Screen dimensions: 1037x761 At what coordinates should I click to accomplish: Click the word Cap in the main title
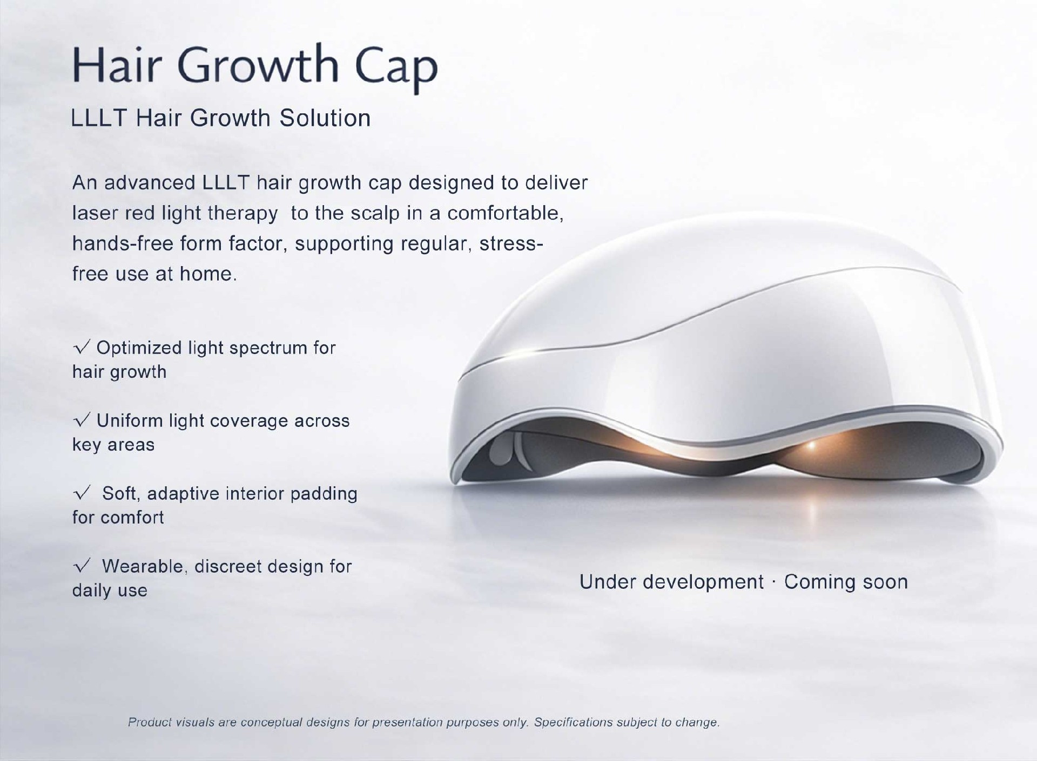coord(396,68)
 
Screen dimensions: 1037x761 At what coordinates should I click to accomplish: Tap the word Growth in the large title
coord(258,65)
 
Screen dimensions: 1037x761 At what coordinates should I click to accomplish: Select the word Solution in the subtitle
coord(325,118)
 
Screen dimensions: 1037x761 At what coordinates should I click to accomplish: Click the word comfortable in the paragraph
coord(505,214)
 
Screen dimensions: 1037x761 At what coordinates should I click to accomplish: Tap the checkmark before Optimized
coord(82,348)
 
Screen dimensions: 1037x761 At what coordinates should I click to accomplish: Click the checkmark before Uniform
coord(82,420)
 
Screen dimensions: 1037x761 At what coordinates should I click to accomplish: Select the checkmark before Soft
coord(82,493)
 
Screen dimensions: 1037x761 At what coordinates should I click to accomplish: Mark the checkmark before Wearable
coord(82,566)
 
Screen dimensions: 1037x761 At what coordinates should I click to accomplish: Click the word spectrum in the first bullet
coord(266,349)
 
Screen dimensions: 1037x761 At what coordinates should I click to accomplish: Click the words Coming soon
coord(846,582)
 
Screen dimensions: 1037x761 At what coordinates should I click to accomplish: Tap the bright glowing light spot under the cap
coord(810,445)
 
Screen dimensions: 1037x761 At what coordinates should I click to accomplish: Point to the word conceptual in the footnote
coord(272,723)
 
